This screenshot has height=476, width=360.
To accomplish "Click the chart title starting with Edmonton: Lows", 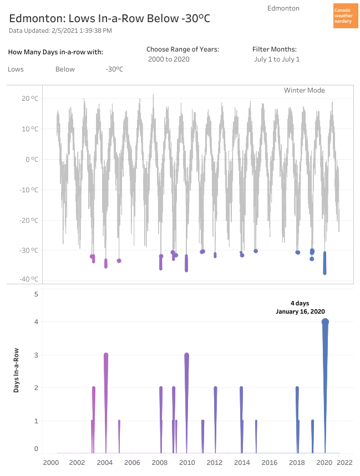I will pos(110,18).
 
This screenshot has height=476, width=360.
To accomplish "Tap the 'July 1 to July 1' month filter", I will pos(276,59).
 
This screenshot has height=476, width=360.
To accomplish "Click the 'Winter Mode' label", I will pos(304,90).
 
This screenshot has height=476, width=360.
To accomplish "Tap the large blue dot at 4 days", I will pos(325,322).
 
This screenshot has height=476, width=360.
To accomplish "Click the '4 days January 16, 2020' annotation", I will pos(300,308).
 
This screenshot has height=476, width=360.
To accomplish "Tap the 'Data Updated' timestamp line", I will pos(60,30).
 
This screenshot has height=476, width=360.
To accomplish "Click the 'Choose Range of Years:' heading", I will pos(182,49).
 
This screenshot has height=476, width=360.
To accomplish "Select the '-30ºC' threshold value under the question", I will pos(114,69).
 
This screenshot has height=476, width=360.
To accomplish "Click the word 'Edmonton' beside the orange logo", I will pos(283,8).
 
